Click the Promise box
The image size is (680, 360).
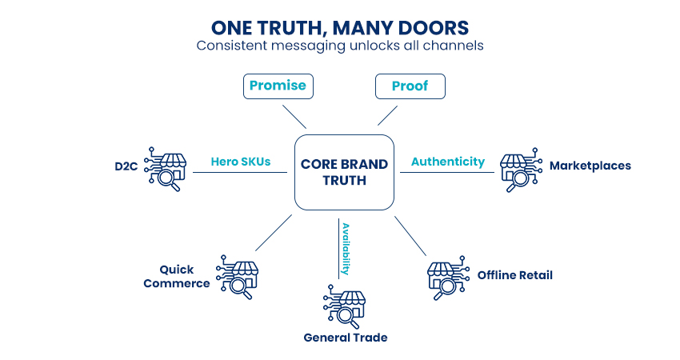coord(276,86)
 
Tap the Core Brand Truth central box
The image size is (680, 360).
coord(344,172)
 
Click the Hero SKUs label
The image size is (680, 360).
coord(241,162)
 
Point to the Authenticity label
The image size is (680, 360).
coord(447,162)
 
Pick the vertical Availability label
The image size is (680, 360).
coord(346,248)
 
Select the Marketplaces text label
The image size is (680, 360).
coord(590,166)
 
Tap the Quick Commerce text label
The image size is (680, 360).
coord(184,276)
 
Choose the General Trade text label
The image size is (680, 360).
coord(345,338)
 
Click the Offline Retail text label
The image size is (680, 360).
coord(514,276)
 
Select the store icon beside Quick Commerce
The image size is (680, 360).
coord(238,277)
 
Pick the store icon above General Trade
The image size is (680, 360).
coord(344,304)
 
